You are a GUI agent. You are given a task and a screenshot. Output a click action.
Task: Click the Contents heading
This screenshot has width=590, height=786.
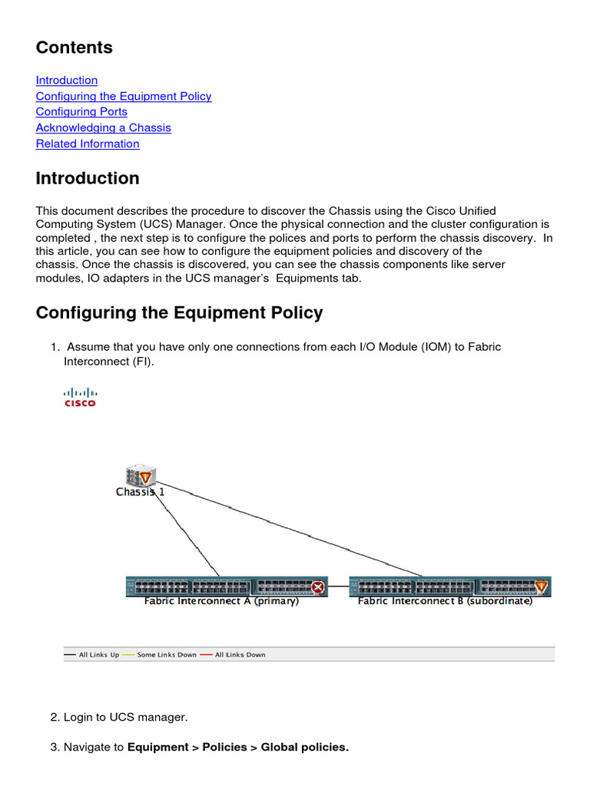pos(74,48)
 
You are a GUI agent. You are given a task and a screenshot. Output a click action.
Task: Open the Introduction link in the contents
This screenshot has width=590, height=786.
pos(67,80)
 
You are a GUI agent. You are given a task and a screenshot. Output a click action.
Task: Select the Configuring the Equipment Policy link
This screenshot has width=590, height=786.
pos(124,96)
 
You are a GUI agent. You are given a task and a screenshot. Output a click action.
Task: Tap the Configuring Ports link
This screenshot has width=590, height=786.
pos(81,111)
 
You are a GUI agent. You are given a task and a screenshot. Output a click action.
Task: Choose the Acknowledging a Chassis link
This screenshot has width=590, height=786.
pos(103,127)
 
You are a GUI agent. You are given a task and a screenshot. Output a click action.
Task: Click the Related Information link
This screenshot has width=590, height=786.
pos(88,144)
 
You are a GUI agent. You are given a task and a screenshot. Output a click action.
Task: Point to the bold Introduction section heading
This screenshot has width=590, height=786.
pos(88,178)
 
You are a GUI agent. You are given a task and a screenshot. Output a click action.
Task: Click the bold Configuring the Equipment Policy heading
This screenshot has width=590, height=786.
pos(179,312)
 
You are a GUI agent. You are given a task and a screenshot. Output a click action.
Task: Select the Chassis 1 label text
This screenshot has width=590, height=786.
pos(140,492)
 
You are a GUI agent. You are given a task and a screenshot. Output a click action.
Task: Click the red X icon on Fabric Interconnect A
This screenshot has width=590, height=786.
pos(317,587)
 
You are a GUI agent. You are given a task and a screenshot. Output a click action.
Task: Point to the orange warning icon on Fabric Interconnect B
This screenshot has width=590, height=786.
pos(542,587)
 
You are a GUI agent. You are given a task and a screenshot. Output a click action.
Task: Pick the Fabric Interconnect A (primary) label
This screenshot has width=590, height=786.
pos(221,601)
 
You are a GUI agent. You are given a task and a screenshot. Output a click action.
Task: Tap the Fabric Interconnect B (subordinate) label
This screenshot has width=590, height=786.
pos(445,601)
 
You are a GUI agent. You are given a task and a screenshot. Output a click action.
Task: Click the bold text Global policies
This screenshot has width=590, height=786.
pos(304,747)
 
